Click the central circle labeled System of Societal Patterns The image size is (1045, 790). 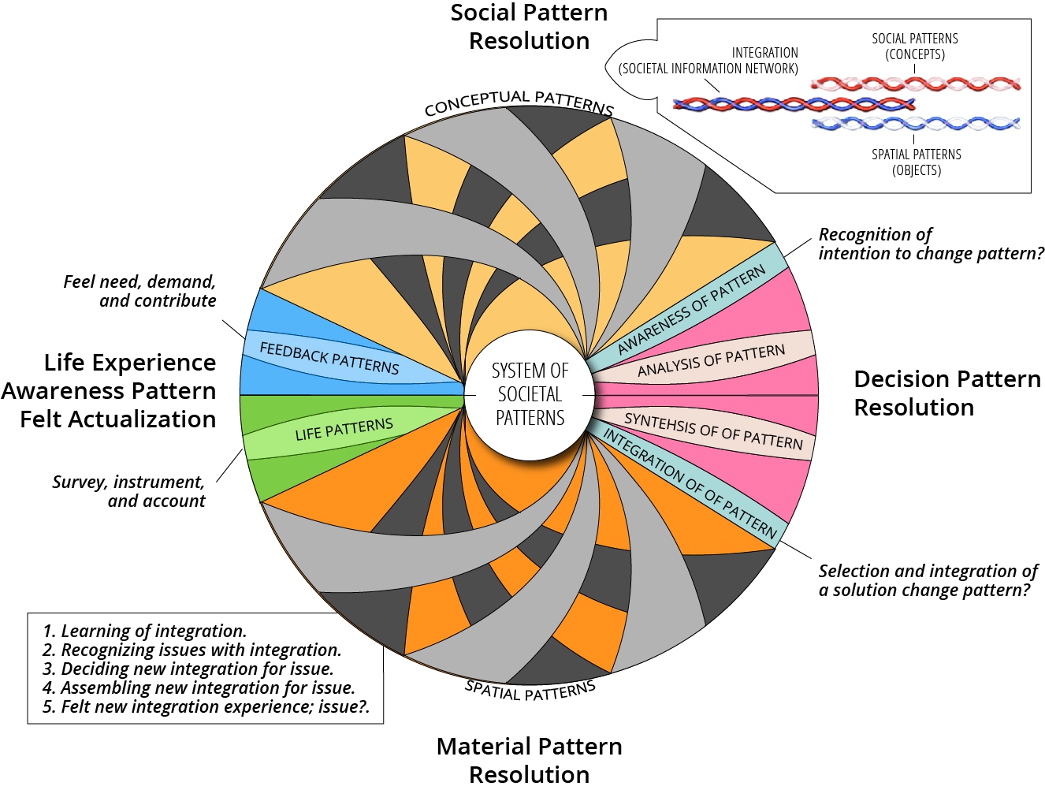click(530, 395)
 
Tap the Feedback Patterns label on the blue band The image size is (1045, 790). click(329, 358)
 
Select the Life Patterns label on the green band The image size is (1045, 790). click(344, 429)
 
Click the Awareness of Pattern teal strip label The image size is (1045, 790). click(691, 310)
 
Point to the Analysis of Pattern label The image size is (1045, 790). click(712, 360)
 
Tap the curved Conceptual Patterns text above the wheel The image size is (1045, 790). click(519, 102)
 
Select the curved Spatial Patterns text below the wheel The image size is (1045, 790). click(530, 690)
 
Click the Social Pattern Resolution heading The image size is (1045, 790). click(529, 27)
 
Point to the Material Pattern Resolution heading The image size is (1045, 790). click(529, 760)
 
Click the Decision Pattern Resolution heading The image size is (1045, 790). click(947, 393)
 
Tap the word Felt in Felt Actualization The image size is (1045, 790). click(42, 419)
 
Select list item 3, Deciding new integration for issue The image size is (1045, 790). click(188, 669)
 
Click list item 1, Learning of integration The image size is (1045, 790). click(145, 631)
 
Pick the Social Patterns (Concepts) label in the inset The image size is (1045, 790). click(914, 47)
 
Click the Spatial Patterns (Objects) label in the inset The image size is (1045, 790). click(916, 162)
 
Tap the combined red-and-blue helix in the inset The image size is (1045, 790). click(794, 104)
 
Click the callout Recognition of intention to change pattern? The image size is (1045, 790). click(931, 244)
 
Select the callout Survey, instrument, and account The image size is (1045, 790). click(128, 491)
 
